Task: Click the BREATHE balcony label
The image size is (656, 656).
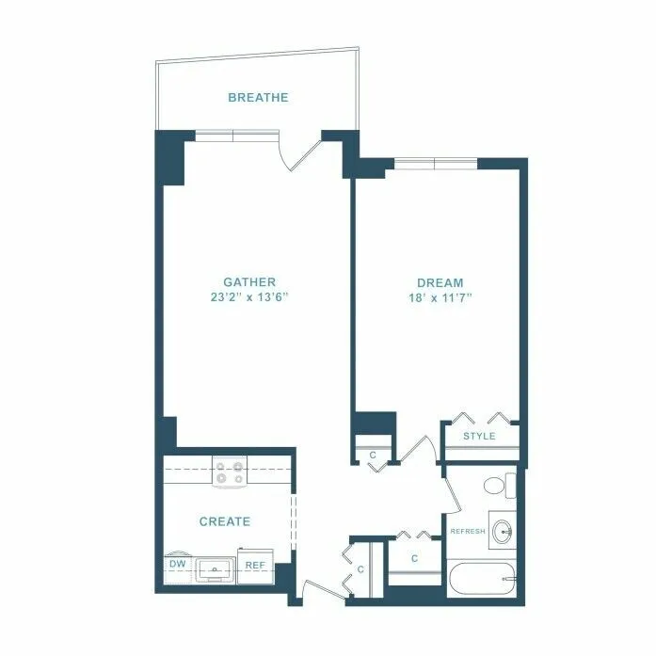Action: coord(258,97)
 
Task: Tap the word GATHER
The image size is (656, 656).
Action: coord(249,282)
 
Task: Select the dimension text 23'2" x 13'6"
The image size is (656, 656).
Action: coord(249,298)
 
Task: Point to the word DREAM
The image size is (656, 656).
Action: coord(440,282)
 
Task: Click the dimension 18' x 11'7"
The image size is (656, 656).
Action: coord(440,298)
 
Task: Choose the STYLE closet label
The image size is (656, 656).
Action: coord(479,436)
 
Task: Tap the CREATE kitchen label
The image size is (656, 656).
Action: coord(225,520)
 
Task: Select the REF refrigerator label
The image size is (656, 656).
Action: coord(254,565)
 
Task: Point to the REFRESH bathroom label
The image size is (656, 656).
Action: coord(468,532)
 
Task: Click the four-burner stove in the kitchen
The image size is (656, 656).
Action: coord(228,471)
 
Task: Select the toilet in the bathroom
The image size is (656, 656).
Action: coord(499,486)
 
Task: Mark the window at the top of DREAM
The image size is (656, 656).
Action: coord(435,165)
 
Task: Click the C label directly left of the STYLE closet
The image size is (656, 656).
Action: coord(373,456)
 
